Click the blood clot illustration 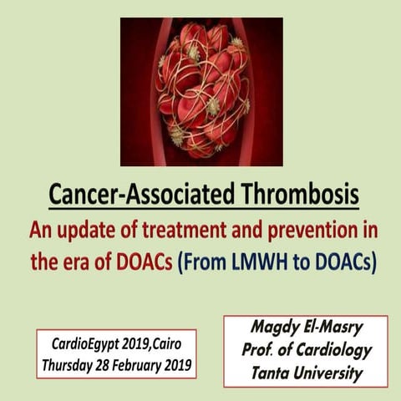200,92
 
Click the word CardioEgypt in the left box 81,344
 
